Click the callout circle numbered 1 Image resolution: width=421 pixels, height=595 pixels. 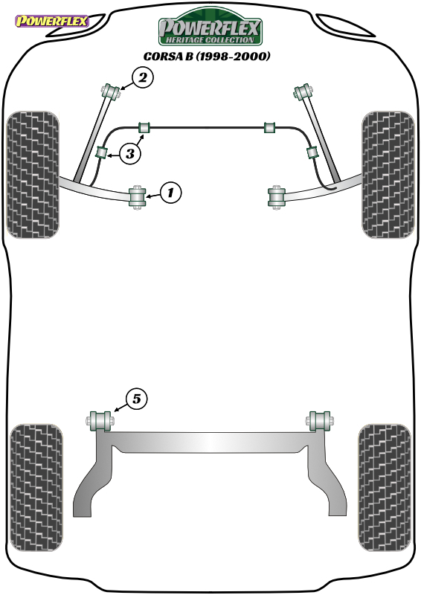coord(171,193)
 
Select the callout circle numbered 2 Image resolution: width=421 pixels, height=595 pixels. coord(143,78)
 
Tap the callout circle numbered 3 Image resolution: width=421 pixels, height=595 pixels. coord(130,154)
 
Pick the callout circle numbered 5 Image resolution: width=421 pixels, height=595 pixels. coord(136,399)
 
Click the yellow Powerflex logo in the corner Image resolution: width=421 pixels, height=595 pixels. coord(52,21)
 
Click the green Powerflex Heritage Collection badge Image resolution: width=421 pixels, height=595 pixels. coord(210,27)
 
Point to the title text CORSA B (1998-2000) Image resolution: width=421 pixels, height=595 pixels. coord(207,57)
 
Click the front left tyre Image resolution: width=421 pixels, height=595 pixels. coord(33,175)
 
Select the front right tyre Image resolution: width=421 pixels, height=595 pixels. coord(388,175)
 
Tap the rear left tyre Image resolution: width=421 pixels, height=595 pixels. coord(36,488)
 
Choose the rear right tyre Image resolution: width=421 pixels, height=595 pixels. coord(384,488)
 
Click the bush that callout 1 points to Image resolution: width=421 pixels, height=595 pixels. coord(138,196)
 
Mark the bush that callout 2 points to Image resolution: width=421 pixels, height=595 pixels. coord(111,91)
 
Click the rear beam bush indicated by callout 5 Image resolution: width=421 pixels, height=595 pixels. coord(100,420)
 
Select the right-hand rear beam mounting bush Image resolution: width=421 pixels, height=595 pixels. coord(320,420)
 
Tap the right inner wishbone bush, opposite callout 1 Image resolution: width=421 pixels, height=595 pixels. coord(277,196)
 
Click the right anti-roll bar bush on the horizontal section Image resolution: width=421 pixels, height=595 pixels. coord(270,127)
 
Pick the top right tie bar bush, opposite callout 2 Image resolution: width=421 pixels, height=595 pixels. coord(303,91)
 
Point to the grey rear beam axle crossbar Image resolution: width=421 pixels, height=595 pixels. coord(210,442)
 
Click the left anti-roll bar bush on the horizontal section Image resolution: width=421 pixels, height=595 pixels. coord(144,127)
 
